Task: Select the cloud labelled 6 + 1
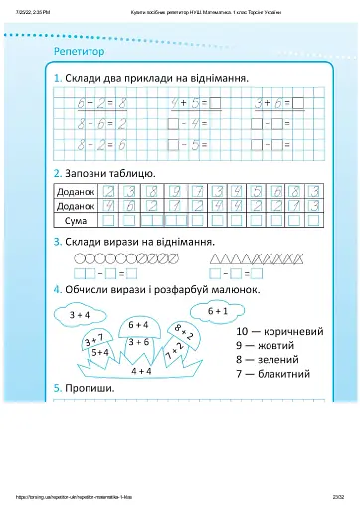coord(218,310)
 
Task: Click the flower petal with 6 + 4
coord(138,324)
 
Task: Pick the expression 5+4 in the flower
coord(99,352)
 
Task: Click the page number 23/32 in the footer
coord(336,499)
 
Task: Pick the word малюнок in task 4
coord(232,289)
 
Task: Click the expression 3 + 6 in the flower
coord(138,342)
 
